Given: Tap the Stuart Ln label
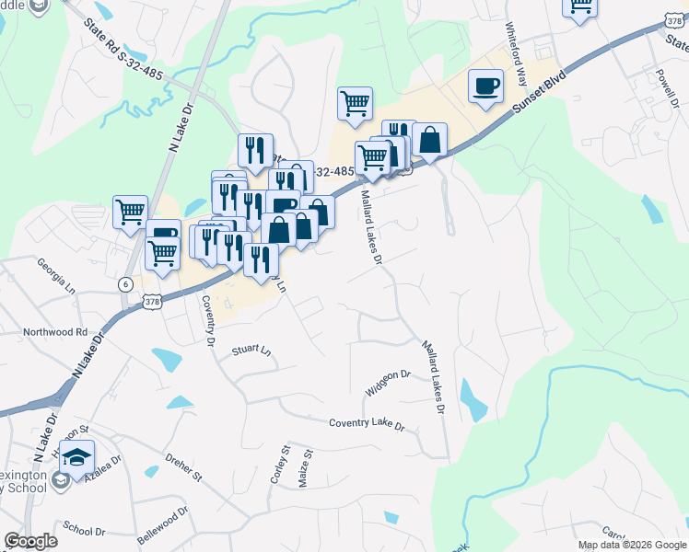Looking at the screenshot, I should [x=252, y=351].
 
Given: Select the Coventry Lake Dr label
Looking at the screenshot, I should [x=367, y=424].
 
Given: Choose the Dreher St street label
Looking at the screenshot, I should [x=182, y=466].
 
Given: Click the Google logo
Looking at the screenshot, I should [x=30, y=541].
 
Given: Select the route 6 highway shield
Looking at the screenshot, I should [x=124, y=284].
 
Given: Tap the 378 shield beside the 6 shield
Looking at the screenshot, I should [x=154, y=300].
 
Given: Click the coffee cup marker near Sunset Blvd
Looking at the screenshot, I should [x=485, y=87].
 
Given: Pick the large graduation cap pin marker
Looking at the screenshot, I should [x=80, y=456].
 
